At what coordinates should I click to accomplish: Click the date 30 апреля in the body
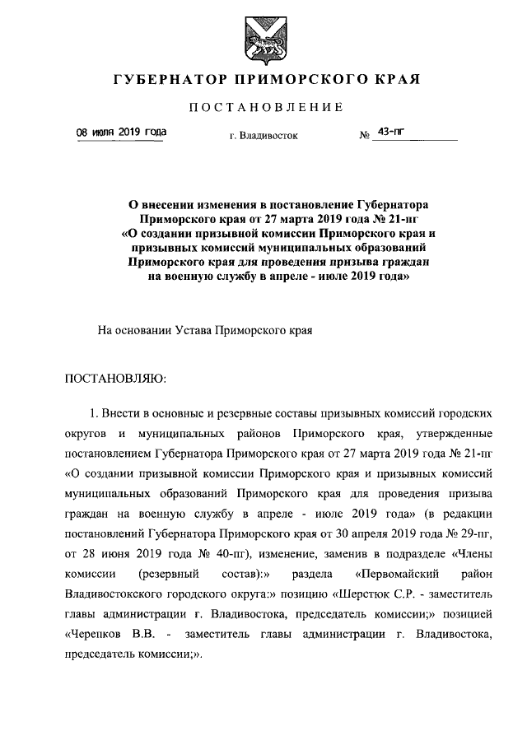(x=344, y=532)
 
